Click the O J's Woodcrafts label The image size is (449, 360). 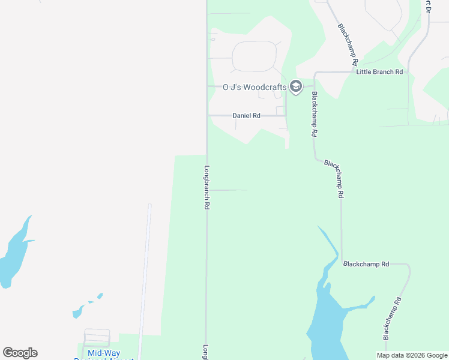255,87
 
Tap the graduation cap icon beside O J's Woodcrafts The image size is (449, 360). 295,87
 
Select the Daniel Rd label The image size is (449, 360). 246,115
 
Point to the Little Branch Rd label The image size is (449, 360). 379,72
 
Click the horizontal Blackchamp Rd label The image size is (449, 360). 366,264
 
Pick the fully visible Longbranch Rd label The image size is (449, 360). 206,187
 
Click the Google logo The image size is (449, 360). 20,353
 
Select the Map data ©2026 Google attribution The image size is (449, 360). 412,355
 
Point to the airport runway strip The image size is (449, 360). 145,276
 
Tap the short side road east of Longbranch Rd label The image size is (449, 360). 228,190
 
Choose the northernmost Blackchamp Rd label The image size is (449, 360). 348,44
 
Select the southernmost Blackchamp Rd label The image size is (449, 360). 391,318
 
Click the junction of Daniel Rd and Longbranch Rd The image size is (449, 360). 208,115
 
